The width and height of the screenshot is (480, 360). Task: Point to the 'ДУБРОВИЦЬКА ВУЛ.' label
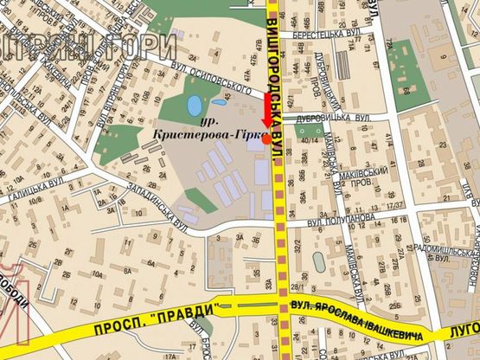point(340,116)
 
